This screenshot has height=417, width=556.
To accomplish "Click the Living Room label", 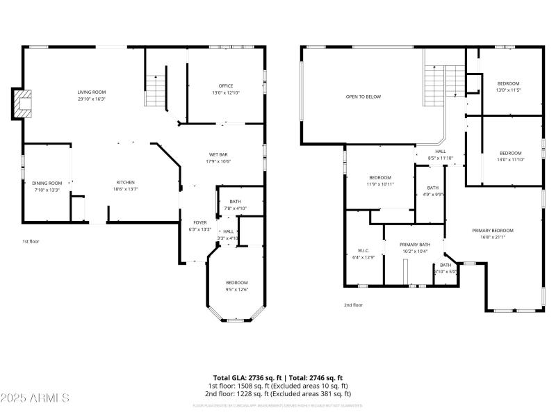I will pyautogui.click(x=91, y=92).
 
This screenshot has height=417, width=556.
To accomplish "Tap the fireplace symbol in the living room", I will pyautogui.click(x=23, y=103).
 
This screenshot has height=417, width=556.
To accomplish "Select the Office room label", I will pyautogui.click(x=225, y=85).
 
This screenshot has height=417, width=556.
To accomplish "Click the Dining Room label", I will pyautogui.click(x=47, y=183).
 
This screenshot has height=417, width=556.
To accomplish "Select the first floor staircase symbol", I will pyautogui.click(x=156, y=90).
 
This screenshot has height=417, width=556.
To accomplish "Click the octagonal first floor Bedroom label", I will pyautogui.click(x=236, y=282).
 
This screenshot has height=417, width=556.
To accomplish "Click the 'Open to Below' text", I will pyautogui.click(x=363, y=97).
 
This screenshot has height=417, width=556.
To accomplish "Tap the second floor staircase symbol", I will pyautogui.click(x=443, y=84).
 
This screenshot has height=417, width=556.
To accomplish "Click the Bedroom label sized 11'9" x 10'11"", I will pyautogui.click(x=380, y=177).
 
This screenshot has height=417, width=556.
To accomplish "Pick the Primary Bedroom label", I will pyautogui.click(x=492, y=230).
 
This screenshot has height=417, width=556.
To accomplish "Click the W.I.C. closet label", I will pyautogui.click(x=363, y=250).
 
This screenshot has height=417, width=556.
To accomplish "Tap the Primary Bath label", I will pyautogui.click(x=415, y=245).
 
